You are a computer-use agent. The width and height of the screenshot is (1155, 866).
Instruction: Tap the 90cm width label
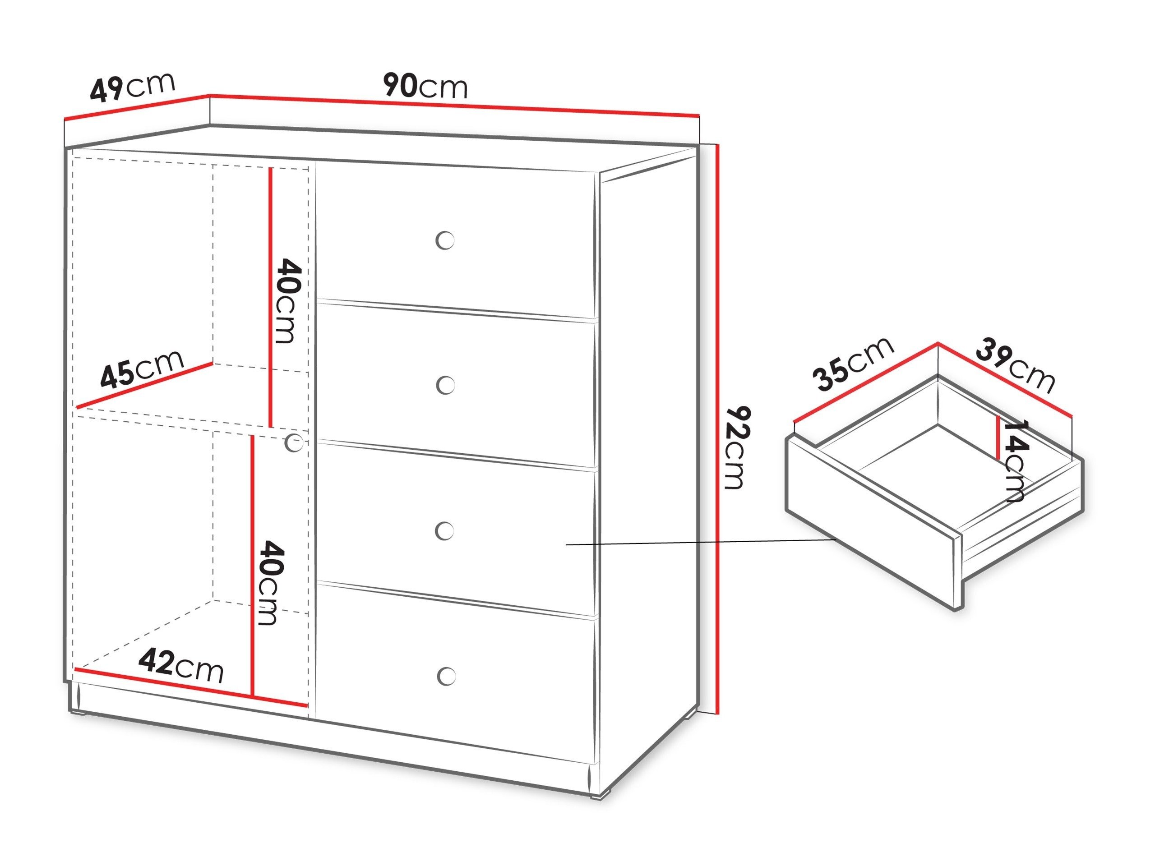pos(425,86)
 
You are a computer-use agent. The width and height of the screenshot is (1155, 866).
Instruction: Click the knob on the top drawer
pos(445,241)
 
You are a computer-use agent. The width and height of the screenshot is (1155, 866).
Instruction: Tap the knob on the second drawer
pos(445,386)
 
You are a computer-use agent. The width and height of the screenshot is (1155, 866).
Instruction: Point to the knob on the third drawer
pos(445,531)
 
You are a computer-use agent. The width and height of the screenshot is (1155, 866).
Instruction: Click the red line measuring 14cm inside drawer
pos(998,438)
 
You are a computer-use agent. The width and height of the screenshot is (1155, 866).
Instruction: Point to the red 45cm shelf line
pos(145,385)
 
